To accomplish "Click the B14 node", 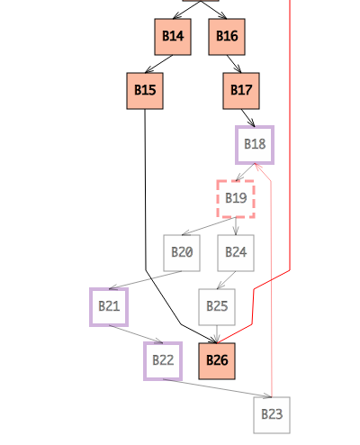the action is tap(173, 37).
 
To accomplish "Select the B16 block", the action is tap(227, 37).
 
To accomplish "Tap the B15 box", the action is tap(145, 91).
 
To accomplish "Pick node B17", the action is tap(241, 91).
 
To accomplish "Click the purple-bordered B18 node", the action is tap(255, 145).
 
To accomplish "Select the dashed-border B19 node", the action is tap(236, 199).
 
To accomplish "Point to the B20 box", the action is tap(182, 253).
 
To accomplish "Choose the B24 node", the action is tap(236, 253).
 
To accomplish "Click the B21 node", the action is tap(109, 307).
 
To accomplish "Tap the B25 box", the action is tap(217, 307).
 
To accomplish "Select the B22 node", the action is tap(163, 361).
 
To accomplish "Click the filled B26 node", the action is tap(217, 361).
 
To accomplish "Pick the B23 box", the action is tap(272, 415).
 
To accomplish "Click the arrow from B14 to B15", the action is tap(159, 64).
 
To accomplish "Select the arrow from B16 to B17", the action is tap(234, 64).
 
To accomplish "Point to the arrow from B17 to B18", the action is tap(248, 118).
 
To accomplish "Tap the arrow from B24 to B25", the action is tap(227, 280).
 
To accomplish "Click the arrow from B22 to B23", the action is tap(218, 388).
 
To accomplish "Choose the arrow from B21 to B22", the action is tap(136, 334).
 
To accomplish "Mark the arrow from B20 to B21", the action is tap(146, 280).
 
